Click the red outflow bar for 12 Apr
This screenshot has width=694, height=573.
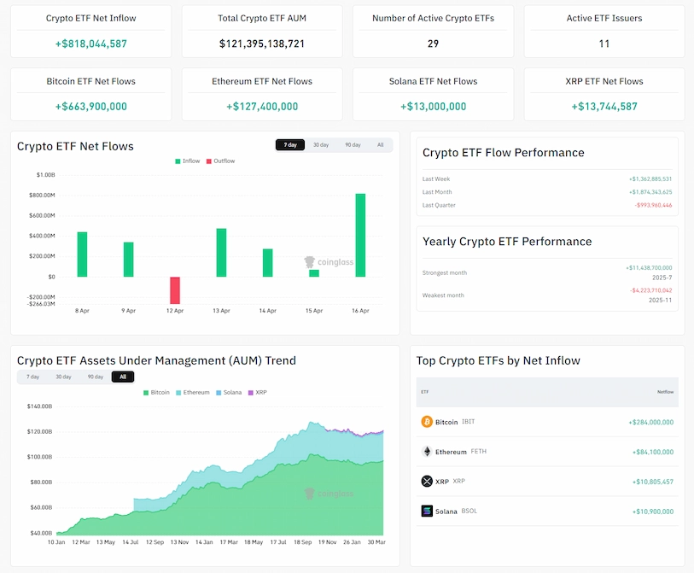click(x=175, y=290)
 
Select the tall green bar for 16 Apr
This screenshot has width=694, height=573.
click(x=360, y=236)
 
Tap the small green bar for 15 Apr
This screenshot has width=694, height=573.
click(x=314, y=273)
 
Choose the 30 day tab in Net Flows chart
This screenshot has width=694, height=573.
click(x=321, y=145)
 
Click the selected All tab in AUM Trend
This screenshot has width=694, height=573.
click(x=123, y=377)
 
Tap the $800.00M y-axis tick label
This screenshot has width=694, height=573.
click(x=39, y=195)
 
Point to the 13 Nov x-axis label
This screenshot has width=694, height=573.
click(x=180, y=541)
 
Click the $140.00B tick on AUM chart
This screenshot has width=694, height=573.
click(x=39, y=406)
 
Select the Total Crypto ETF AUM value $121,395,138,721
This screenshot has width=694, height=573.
click(x=262, y=44)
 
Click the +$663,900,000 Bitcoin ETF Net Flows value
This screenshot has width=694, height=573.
click(x=90, y=107)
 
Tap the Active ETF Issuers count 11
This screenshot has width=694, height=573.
click(x=604, y=44)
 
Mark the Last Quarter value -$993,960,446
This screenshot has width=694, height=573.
click(x=652, y=205)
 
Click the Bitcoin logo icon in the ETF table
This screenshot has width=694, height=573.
click(x=427, y=422)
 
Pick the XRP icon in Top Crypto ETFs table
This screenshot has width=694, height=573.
click(x=427, y=482)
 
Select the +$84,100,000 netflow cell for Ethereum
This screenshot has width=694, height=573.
click(x=652, y=452)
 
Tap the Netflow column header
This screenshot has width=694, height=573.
click(x=664, y=392)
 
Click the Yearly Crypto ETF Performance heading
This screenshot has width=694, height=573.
click(x=507, y=242)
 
